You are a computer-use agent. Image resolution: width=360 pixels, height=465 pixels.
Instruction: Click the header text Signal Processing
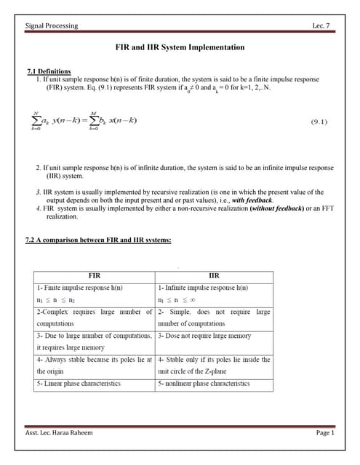pos(52,26)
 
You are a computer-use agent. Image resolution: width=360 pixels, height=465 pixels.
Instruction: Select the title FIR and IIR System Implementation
pos(180,47)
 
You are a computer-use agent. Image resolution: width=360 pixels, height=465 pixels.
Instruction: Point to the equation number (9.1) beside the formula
pos(319,122)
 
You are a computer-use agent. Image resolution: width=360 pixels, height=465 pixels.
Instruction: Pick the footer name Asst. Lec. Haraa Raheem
pos(59,434)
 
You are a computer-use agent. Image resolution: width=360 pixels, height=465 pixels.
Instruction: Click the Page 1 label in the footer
pos(324,434)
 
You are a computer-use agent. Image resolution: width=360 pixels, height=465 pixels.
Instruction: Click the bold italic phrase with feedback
pos(253,200)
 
